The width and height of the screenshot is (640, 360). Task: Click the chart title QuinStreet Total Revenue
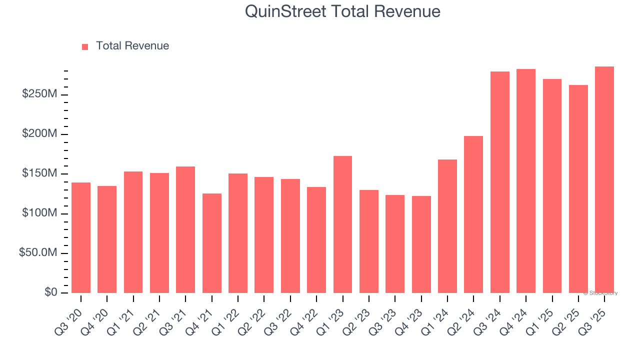point(342,11)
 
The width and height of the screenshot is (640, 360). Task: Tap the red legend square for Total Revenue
point(85,46)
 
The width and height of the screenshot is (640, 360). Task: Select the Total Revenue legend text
point(132,46)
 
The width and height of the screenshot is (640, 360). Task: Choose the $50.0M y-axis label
point(38,253)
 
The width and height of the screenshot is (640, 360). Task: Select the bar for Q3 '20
point(81,237)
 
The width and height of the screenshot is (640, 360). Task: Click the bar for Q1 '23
point(342,224)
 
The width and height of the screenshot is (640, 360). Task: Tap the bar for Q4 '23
point(421,244)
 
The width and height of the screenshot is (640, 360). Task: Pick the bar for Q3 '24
point(499,182)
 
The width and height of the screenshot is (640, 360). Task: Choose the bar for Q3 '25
point(604,179)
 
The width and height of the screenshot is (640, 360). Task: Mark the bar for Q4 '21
point(212,243)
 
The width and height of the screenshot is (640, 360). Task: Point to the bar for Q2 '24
point(473,214)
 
